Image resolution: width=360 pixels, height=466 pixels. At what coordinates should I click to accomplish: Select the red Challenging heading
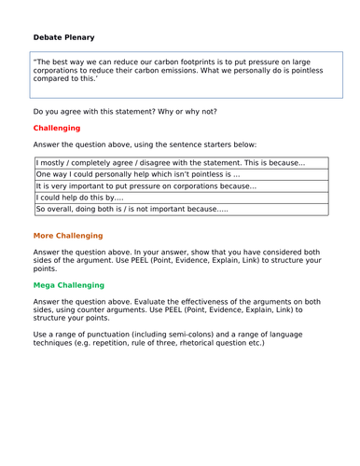coord(57,128)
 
